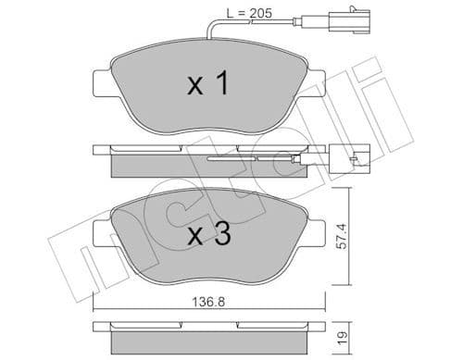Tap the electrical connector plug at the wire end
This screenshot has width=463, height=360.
tap(357, 41)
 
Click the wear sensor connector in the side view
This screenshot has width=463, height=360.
tap(349, 158)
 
